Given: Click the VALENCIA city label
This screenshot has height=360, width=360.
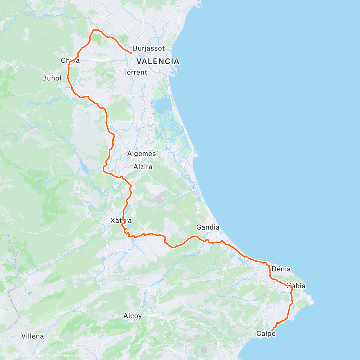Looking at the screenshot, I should pyautogui.click(x=158, y=61).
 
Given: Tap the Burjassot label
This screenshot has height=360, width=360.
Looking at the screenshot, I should pyautogui.click(x=149, y=48).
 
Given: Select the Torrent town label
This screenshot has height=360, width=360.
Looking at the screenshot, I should pyautogui.click(x=135, y=72).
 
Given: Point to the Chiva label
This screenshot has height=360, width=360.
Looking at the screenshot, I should pyautogui.click(x=70, y=61).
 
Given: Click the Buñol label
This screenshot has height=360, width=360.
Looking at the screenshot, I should pyautogui.click(x=52, y=78).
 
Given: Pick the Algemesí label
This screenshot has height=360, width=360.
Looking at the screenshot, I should pyautogui.click(x=142, y=154).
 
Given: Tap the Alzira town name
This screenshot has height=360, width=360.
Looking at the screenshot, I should pyautogui.click(x=143, y=167).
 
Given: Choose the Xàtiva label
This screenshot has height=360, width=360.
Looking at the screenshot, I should pyautogui.click(x=121, y=221).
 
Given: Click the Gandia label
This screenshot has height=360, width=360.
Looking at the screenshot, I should pyautogui.click(x=208, y=227).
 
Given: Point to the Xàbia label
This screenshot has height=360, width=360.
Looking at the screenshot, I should pyautogui.click(x=296, y=286).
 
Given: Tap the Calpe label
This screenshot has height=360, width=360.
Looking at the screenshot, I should pyautogui.click(x=265, y=334).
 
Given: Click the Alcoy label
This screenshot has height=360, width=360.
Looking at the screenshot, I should pyautogui.click(x=132, y=316).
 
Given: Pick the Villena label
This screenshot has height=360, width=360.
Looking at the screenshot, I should pyautogui.click(x=32, y=336).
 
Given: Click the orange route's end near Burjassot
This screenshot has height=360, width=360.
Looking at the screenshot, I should pyautogui.click(x=132, y=53).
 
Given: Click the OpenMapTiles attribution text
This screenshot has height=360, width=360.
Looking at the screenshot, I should pyautogui.click(x=31, y=356).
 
